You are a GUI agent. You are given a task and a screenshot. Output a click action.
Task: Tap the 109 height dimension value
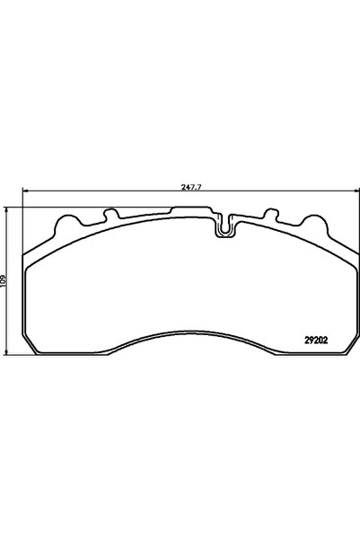(x=5, y=279)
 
